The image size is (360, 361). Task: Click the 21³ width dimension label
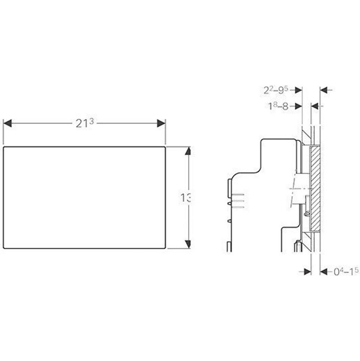[85, 123]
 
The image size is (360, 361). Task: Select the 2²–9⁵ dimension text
[276, 90]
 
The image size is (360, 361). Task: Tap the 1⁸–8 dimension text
[278, 106]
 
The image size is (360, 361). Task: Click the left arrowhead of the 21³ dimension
[8, 123]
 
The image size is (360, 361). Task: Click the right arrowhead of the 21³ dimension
[161, 123]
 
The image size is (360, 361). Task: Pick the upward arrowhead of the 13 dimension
[188, 151]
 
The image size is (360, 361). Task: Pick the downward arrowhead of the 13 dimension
[188, 244]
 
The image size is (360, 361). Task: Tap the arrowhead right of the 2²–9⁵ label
[298, 90]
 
